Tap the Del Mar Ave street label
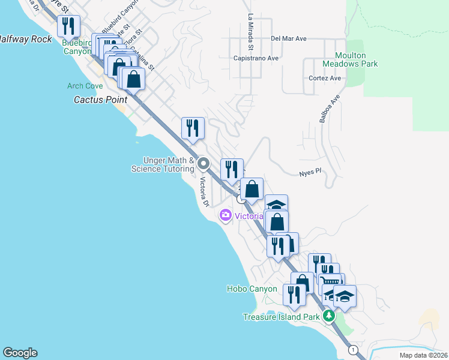288,38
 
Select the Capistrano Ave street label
256,58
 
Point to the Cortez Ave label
325,78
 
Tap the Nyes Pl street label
310,171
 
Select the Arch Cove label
85,86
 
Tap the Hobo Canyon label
252,289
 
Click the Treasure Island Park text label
282,317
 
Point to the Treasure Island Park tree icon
328,316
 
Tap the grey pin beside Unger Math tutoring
203,163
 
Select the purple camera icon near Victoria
226,215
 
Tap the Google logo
20,353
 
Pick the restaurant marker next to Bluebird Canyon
68,25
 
